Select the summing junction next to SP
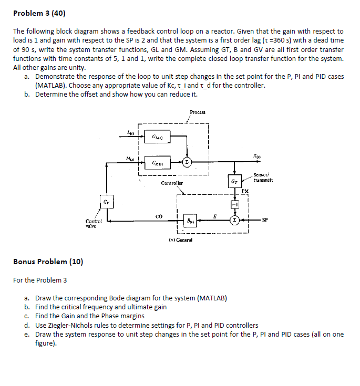[234, 220]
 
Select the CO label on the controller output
[159, 215]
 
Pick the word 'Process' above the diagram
[198, 112]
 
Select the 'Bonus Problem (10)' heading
[48, 261]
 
